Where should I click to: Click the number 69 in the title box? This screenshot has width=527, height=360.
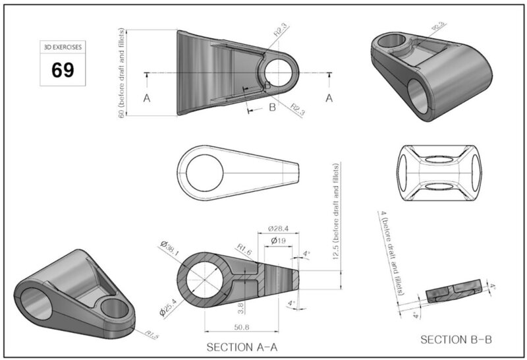click(63, 70)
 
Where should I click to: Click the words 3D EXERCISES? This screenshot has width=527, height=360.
click(63, 48)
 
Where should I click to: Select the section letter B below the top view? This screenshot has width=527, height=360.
click(271, 107)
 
